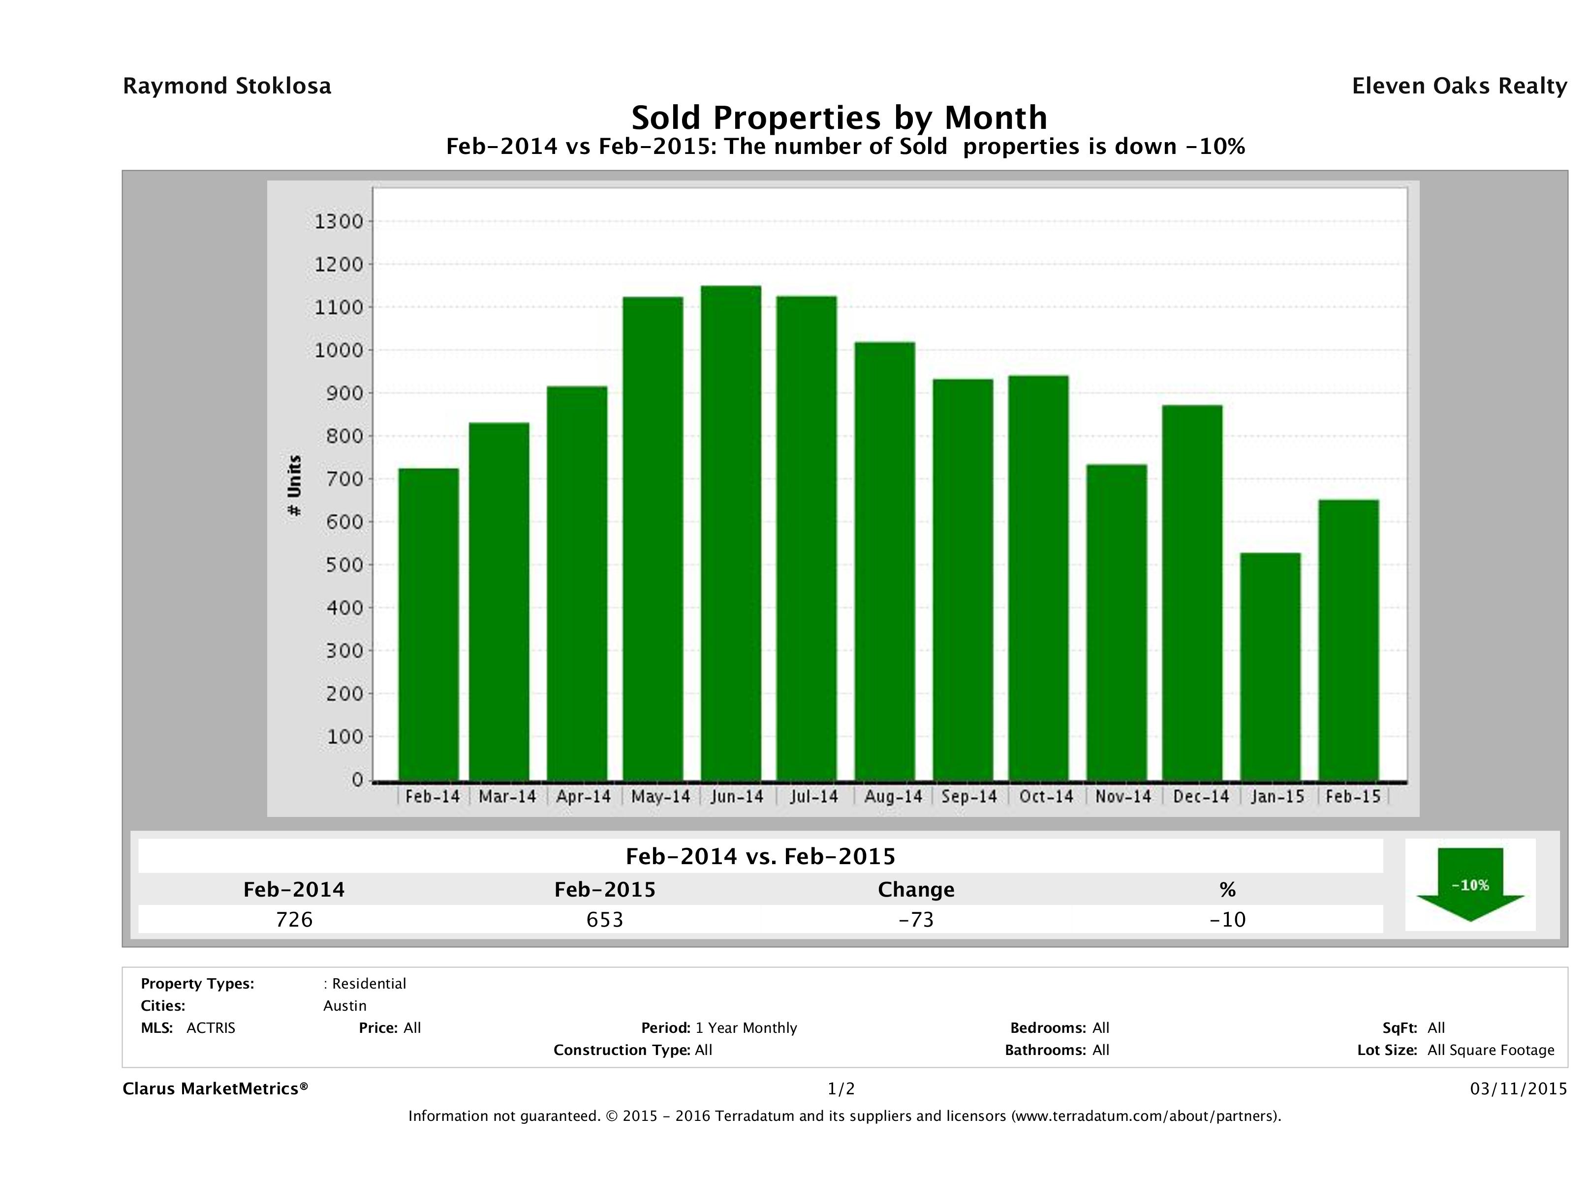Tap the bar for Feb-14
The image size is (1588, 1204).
(x=429, y=624)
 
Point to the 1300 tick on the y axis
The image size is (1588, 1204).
(x=339, y=222)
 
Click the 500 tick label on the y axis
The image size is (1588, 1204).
(x=339, y=565)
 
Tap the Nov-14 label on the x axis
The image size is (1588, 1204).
(x=1123, y=796)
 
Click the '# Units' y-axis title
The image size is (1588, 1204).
(x=294, y=486)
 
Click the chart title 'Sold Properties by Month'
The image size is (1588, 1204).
(x=839, y=117)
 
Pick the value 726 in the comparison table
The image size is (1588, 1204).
(x=294, y=919)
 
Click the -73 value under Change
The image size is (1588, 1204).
(x=916, y=919)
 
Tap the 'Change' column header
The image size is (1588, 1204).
(x=916, y=890)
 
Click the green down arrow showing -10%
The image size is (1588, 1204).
(x=1469, y=885)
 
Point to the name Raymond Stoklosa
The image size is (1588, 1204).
(x=227, y=86)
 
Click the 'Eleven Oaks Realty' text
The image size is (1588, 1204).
(x=1459, y=86)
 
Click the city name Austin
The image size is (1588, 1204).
(x=344, y=1006)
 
